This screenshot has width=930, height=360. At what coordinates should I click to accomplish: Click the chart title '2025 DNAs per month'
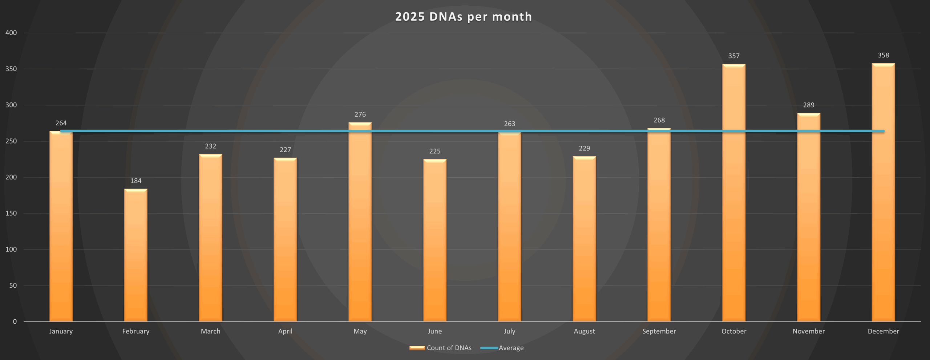point(464,17)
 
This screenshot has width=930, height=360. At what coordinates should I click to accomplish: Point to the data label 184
point(136,181)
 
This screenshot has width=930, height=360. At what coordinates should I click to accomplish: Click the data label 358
point(883,55)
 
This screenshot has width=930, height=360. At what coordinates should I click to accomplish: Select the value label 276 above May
point(360,114)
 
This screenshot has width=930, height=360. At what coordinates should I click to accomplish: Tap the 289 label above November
point(809,105)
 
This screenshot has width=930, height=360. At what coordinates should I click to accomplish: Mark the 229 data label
point(584,148)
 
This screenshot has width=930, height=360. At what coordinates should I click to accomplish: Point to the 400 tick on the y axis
point(11,33)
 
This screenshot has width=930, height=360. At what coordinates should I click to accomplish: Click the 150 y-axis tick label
point(11,213)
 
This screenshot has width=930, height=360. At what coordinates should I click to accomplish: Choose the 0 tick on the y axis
point(15,321)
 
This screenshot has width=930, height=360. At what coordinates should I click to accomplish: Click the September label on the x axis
point(659,331)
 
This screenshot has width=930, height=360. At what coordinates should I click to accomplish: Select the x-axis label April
point(285,331)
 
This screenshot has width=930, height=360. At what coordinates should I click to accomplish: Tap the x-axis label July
point(509,331)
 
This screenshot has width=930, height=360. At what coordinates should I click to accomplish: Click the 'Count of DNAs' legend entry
point(449,348)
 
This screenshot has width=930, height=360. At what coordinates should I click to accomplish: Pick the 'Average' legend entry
point(511,348)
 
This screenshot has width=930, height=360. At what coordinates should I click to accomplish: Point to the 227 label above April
point(285,150)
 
